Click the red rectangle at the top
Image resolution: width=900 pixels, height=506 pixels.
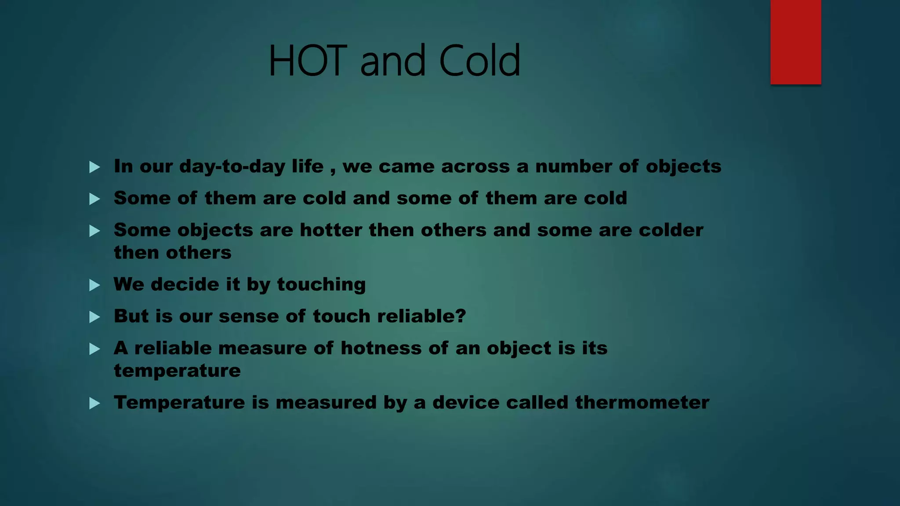click(795, 42)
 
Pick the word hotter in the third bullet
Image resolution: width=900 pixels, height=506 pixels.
click(330, 230)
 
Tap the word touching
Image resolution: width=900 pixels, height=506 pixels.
click(321, 285)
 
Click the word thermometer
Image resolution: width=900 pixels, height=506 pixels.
click(642, 403)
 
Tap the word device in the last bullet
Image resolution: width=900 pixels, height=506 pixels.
click(465, 403)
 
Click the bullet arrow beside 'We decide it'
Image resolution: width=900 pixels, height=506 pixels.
click(94, 286)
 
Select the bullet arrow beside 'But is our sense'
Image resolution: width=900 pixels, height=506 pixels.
click(94, 317)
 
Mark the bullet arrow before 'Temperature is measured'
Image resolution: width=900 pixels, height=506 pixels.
click(94, 403)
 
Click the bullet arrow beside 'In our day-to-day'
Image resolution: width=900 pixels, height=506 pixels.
click(94, 167)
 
